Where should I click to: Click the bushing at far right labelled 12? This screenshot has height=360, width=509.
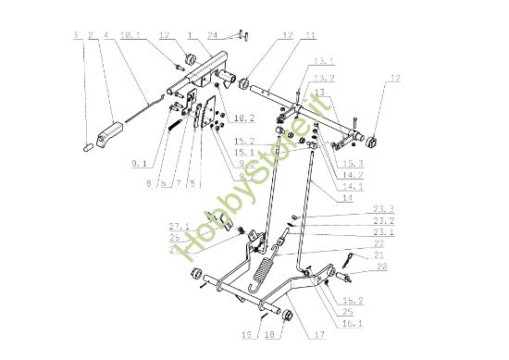tap(376, 141)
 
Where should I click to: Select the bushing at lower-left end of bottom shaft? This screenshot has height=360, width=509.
tap(195, 275)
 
